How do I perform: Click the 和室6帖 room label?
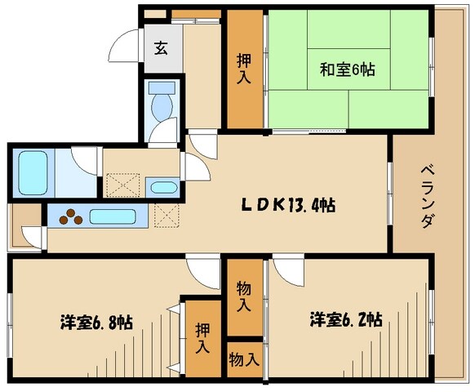[x=347, y=70]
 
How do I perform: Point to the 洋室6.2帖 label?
[x=346, y=319]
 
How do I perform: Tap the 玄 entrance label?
[x=160, y=47]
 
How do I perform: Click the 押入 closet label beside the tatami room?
[x=244, y=70]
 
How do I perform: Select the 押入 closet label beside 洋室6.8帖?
[x=202, y=337]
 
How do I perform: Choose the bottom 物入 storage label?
[x=244, y=359]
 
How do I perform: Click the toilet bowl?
[x=163, y=105]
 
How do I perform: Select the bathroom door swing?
[x=84, y=158]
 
